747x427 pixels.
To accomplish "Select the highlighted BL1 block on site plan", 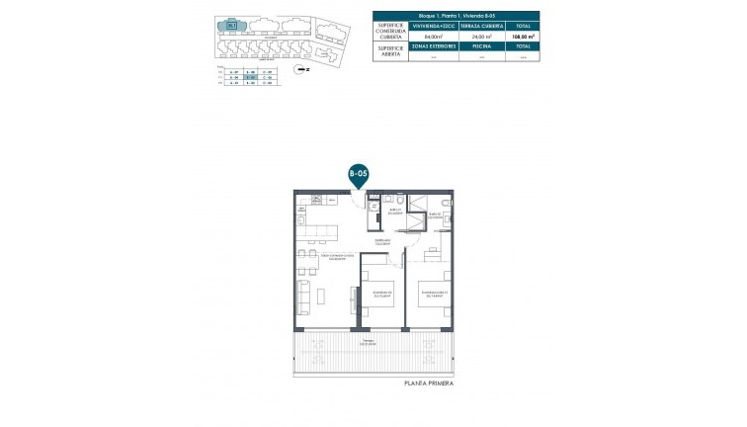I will pos(231,26).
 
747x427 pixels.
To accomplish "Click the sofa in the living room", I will pos(305,294).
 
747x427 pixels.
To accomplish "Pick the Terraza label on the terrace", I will pos(369,340).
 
